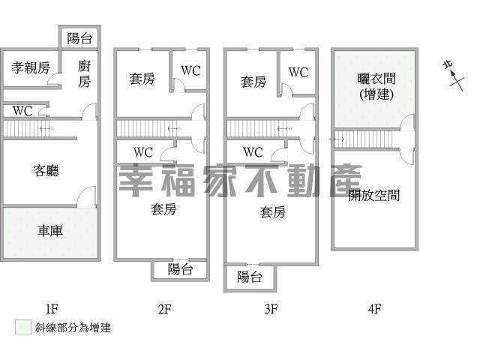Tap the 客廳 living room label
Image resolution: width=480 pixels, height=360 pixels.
(x=46, y=171)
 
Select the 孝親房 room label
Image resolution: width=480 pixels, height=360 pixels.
(x=31, y=68)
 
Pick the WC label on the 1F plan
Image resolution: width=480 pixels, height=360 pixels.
(x=22, y=111)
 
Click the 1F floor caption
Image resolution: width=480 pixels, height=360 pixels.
(x=51, y=308)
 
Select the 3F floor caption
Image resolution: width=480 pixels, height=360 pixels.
(x=271, y=308)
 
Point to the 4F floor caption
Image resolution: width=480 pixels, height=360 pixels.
(x=374, y=308)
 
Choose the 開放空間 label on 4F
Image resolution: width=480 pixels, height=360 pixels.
(x=374, y=196)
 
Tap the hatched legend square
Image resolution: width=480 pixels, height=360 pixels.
(x=22, y=328)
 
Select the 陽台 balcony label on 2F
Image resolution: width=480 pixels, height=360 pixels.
(x=180, y=270)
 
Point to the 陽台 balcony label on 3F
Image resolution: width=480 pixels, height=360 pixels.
(x=250, y=277)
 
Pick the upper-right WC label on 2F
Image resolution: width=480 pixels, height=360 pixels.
(x=190, y=72)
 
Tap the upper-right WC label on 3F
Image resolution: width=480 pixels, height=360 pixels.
(x=298, y=73)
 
